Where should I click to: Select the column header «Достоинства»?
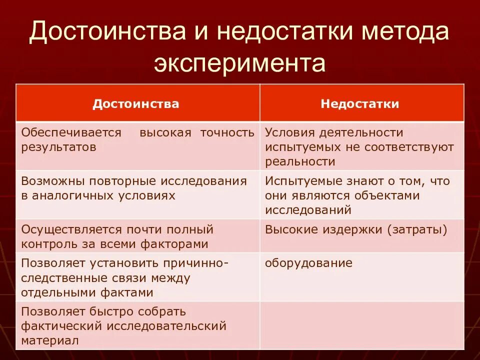136,103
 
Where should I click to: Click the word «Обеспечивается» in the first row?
71,132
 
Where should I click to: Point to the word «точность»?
227,132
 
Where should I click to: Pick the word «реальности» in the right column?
300,161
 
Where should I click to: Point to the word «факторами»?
175,244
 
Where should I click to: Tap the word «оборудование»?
308,263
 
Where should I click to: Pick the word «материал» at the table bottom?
49,340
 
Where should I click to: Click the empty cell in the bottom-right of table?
361,325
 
